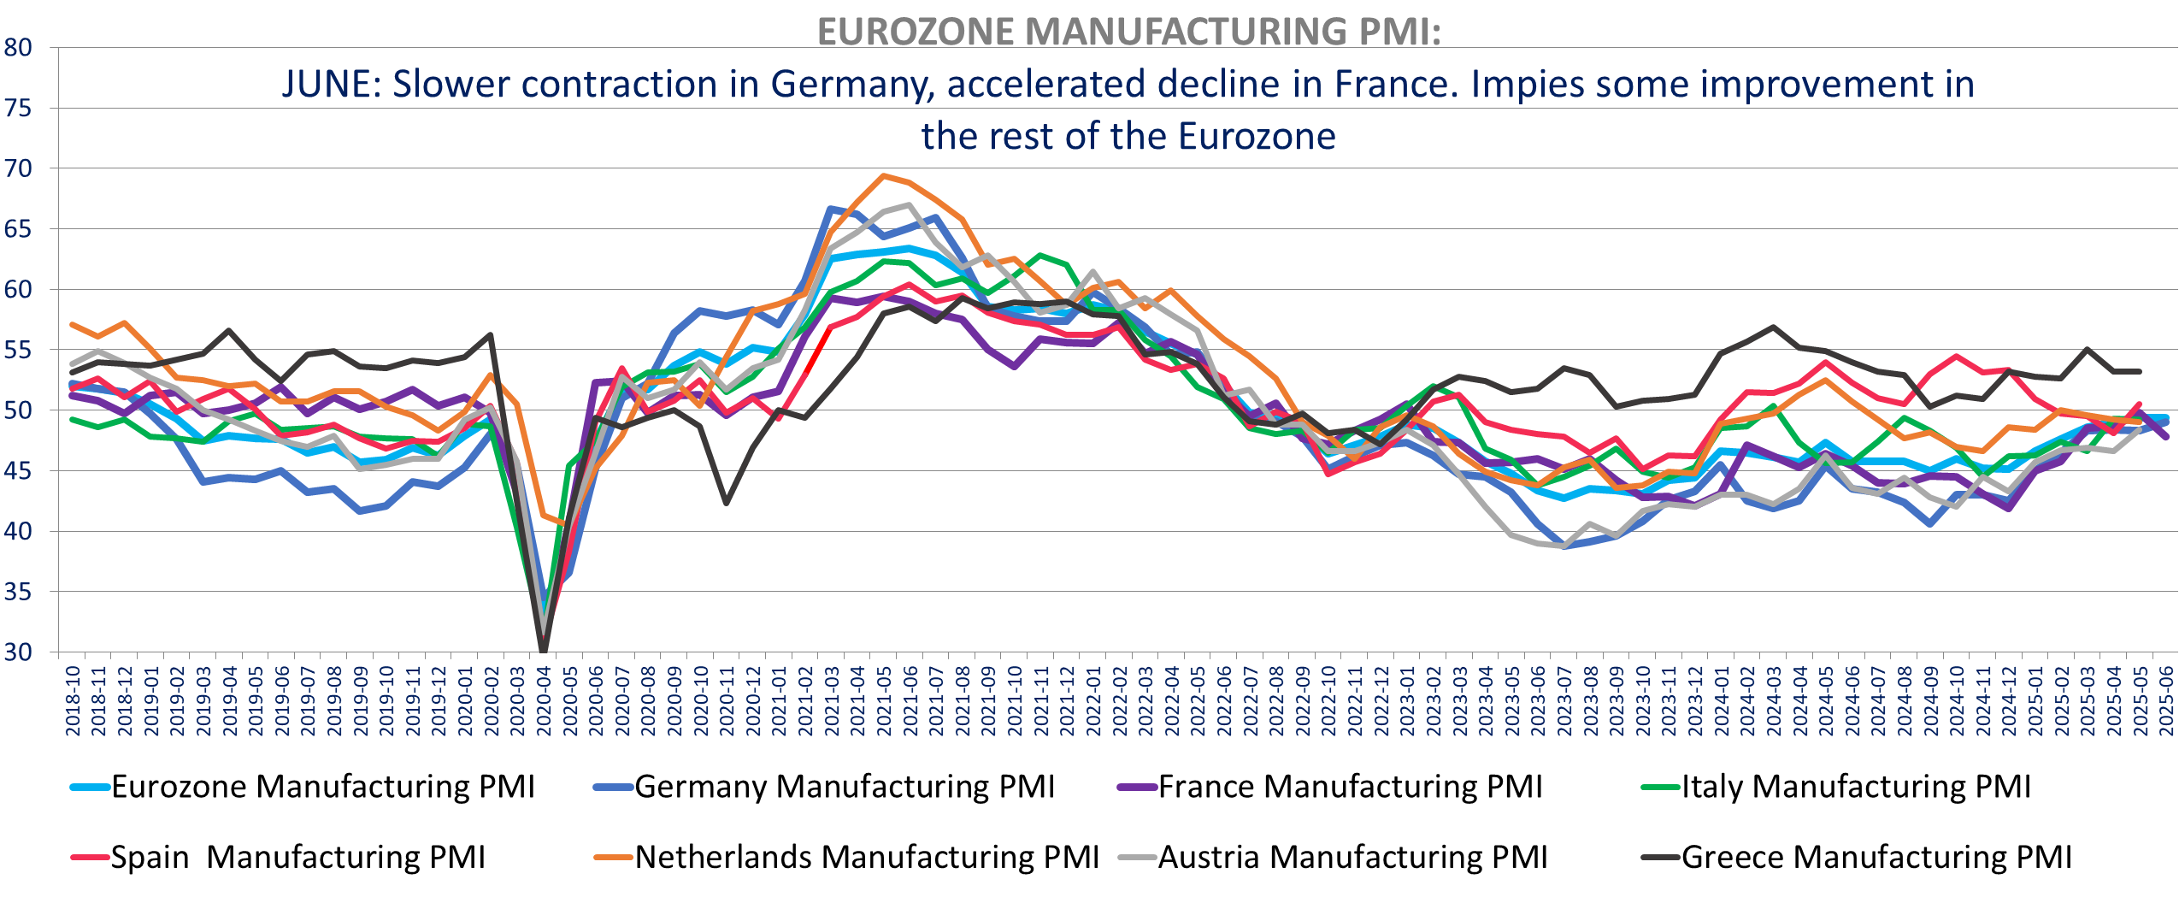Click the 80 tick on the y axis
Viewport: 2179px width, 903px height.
coord(18,48)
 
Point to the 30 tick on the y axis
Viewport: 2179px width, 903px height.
coord(18,652)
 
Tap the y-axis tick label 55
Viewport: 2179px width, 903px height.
coord(18,350)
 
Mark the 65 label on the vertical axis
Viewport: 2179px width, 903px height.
coord(18,229)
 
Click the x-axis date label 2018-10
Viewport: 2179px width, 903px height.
coord(74,701)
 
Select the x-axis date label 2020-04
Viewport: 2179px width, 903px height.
coord(545,701)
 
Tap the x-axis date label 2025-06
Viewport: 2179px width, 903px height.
coord(2166,701)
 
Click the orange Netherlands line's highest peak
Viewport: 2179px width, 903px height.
coord(884,176)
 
